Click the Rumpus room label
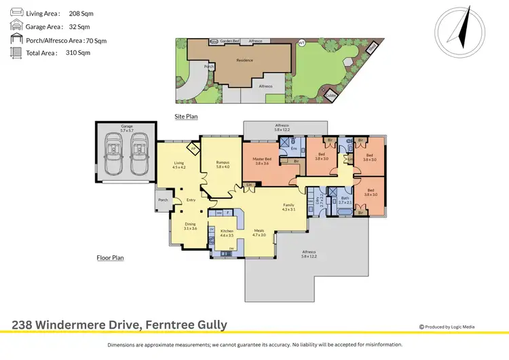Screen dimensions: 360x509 click(222, 163)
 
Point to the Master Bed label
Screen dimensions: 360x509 click(262, 161)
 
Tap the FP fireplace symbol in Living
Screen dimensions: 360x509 click(193, 149)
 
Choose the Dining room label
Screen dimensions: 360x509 click(190, 226)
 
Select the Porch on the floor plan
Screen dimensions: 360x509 click(163, 200)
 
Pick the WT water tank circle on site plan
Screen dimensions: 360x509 click(301, 43)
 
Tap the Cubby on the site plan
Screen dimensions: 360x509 click(330, 94)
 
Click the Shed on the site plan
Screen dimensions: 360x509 click(373, 47)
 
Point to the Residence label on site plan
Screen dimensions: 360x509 click(244, 60)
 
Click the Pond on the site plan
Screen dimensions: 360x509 click(214, 41)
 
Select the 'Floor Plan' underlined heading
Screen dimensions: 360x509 click(110, 258)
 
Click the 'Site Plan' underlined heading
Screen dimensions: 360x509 click(186, 117)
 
